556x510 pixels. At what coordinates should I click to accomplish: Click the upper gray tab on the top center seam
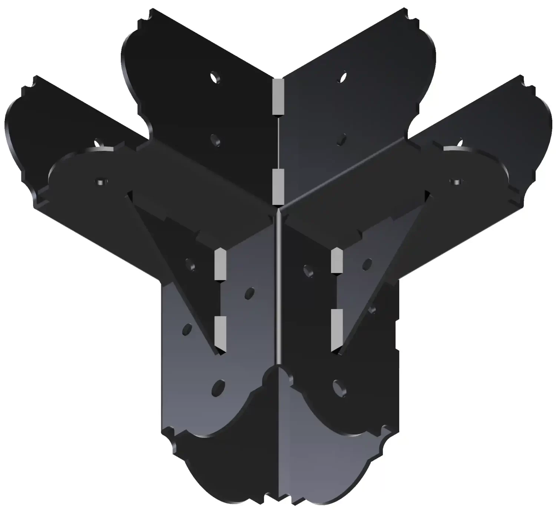pyautogui.click(x=278, y=96)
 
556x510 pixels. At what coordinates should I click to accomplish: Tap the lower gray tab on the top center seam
pyautogui.click(x=278, y=186)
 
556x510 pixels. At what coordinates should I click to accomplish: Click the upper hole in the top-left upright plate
pyautogui.click(x=214, y=77)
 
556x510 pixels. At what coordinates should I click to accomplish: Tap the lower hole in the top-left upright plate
pyautogui.click(x=214, y=139)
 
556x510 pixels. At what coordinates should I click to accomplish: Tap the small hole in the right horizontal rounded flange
pyautogui.click(x=456, y=181)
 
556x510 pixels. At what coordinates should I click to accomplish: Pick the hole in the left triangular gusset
pyautogui.click(x=190, y=264)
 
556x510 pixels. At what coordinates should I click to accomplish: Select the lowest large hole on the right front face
pyautogui.click(x=337, y=386)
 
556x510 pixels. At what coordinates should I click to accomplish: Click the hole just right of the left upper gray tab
pyautogui.click(x=249, y=292)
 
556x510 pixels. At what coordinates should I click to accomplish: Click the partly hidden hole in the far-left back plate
pyautogui.click(x=98, y=142)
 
